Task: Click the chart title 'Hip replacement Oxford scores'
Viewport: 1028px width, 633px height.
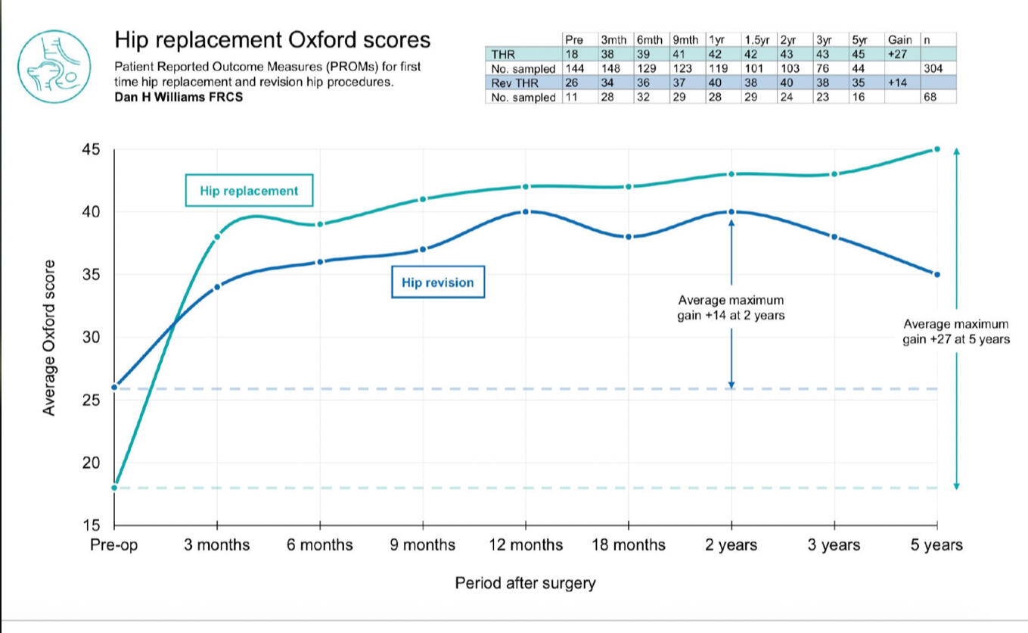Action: pyautogui.click(x=272, y=40)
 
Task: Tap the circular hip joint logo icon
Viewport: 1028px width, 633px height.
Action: pyautogui.click(x=54, y=66)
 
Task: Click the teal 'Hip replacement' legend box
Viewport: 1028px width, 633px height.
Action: pyautogui.click(x=249, y=191)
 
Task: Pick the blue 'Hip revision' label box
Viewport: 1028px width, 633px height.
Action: pyautogui.click(x=438, y=282)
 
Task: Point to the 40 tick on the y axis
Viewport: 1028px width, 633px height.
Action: pyautogui.click(x=92, y=212)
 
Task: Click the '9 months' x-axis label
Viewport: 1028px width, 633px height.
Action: pyautogui.click(x=422, y=545)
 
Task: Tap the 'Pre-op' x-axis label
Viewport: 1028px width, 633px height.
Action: pyautogui.click(x=114, y=545)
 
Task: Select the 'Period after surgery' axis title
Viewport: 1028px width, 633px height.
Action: pyautogui.click(x=525, y=583)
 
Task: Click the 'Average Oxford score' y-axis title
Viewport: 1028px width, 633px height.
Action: pyautogui.click(x=49, y=338)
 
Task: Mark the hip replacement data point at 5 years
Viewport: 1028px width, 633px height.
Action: pyautogui.click(x=937, y=149)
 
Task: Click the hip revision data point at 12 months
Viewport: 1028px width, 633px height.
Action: pyautogui.click(x=526, y=212)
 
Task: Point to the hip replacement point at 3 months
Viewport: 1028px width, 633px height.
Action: pyautogui.click(x=217, y=237)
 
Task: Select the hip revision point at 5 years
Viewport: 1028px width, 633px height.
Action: pyautogui.click(x=937, y=274)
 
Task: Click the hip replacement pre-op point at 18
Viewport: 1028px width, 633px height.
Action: pyautogui.click(x=114, y=488)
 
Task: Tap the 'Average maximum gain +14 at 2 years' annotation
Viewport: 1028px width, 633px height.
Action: pyautogui.click(x=731, y=307)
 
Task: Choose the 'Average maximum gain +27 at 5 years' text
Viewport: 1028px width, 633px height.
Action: pyautogui.click(x=956, y=332)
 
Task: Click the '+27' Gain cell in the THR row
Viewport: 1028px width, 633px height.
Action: pyautogui.click(x=899, y=55)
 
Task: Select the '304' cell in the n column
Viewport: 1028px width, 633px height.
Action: pyautogui.click(x=937, y=69)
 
